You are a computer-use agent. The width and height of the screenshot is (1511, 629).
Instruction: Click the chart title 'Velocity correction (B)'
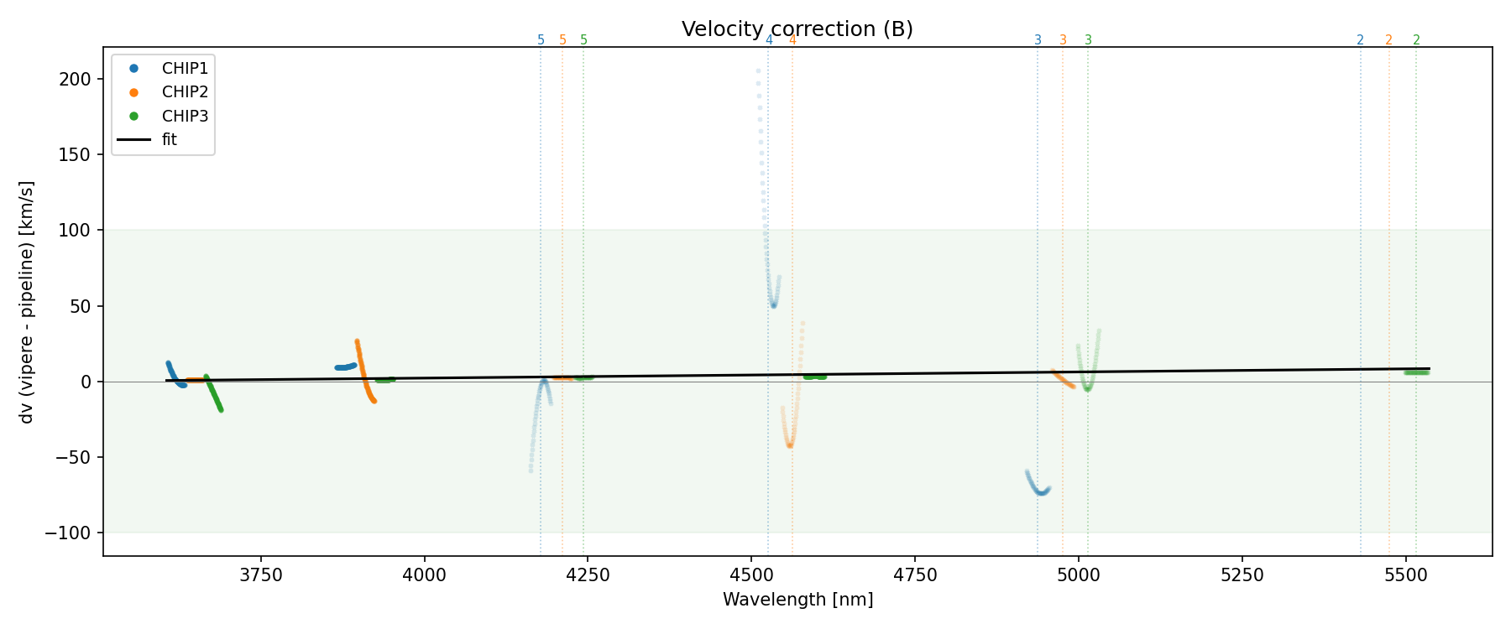pos(797,29)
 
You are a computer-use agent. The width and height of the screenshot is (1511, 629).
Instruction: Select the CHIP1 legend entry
pos(185,69)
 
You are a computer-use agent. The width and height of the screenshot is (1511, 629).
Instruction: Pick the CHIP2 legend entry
pos(185,92)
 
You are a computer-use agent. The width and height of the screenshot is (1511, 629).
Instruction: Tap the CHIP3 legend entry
pos(185,116)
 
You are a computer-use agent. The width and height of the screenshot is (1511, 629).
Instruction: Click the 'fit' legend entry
pos(170,140)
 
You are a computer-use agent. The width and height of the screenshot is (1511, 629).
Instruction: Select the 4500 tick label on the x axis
pos(751,574)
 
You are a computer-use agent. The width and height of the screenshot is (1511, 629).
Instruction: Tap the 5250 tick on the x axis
pos(1242,574)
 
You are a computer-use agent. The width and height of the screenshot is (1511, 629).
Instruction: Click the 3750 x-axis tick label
pos(261,574)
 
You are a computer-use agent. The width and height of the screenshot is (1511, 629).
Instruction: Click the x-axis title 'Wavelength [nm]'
pos(797,600)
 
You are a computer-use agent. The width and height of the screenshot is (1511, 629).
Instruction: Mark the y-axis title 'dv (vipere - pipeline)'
pos(27,302)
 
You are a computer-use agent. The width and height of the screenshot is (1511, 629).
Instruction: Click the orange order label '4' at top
pos(792,40)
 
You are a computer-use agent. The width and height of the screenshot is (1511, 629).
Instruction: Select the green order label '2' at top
pos(1416,40)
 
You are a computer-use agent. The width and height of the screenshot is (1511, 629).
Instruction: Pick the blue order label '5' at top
pos(541,40)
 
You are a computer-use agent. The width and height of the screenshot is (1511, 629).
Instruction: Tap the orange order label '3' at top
pos(1063,40)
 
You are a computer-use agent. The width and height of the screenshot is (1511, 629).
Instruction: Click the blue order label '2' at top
pos(1360,40)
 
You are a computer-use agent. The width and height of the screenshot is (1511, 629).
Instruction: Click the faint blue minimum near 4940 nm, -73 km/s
pos(1041,492)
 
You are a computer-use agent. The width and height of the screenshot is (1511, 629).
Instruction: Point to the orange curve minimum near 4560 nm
pos(790,445)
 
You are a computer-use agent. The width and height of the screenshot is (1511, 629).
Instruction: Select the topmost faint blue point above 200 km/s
pos(758,71)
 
